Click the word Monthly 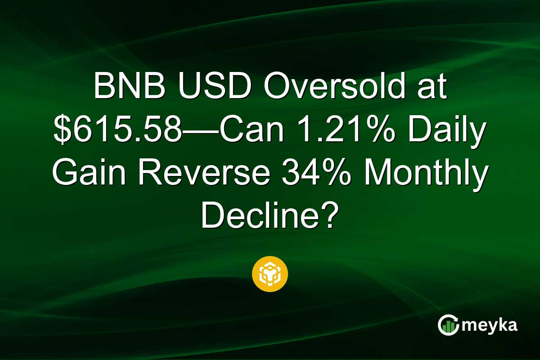coord(426,173)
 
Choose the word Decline coord(257,216)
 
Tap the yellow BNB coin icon coord(270,274)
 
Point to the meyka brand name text coord(491,325)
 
